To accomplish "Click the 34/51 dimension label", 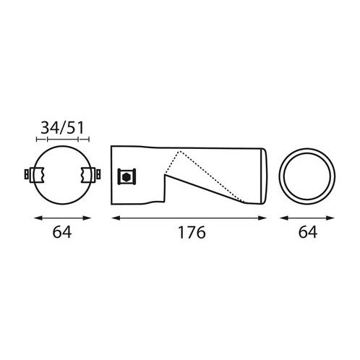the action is click(x=62, y=128).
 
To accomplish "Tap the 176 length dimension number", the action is click(x=192, y=232).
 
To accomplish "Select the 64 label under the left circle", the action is click(x=62, y=232).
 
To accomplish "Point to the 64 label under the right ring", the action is click(x=308, y=232).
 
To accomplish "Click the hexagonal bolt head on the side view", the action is click(x=127, y=177).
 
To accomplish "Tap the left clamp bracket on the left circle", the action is click(x=37, y=174).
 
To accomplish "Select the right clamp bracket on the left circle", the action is click(x=89, y=174).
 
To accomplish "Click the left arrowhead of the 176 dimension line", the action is click(x=116, y=218).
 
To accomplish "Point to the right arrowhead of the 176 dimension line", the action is click(x=262, y=218).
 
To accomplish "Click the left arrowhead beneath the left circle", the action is click(x=38, y=218).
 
